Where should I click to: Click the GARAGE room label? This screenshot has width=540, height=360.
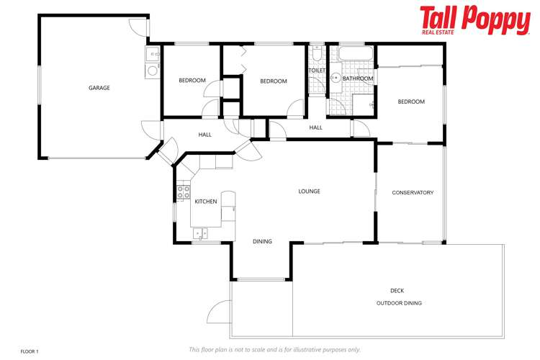[99, 88]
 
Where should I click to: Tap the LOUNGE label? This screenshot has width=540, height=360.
[310, 192]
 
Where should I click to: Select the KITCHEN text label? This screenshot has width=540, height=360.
[206, 202]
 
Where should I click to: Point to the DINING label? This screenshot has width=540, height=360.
[262, 242]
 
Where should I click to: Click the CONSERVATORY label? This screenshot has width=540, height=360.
[413, 193]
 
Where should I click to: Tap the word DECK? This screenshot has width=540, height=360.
[397, 291]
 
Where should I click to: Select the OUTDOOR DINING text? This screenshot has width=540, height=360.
[399, 303]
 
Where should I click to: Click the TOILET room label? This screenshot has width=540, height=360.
[317, 71]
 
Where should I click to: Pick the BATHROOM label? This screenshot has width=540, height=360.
[358, 78]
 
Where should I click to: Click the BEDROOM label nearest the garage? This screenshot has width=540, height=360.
[192, 80]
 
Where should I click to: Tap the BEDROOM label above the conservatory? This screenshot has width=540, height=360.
[411, 102]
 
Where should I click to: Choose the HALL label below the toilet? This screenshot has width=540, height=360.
[315, 127]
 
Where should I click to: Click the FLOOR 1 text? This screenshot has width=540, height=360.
[29, 351]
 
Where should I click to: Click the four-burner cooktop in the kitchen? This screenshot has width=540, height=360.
[184, 192]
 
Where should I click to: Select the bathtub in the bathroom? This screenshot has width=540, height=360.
[356, 54]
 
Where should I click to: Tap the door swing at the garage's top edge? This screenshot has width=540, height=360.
[138, 27]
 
